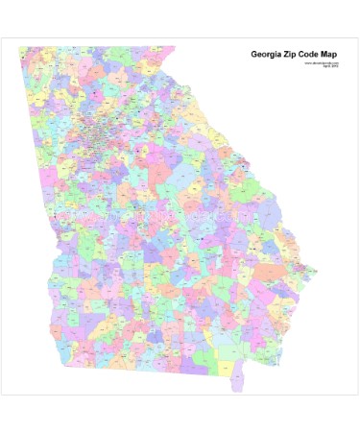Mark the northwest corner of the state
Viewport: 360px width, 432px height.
[x=20, y=48]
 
